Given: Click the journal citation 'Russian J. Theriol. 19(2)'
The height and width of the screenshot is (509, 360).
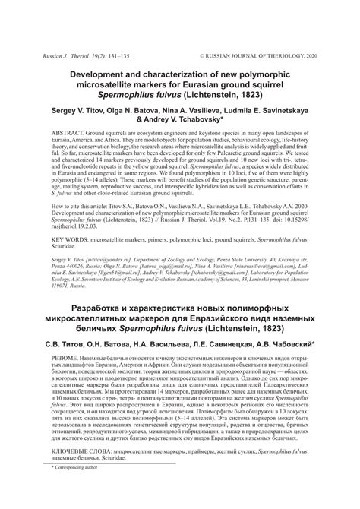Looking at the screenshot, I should click(73, 56).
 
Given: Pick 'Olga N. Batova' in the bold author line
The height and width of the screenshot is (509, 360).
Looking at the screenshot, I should click(128, 109).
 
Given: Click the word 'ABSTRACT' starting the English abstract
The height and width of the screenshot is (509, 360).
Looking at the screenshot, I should click(67, 134).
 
